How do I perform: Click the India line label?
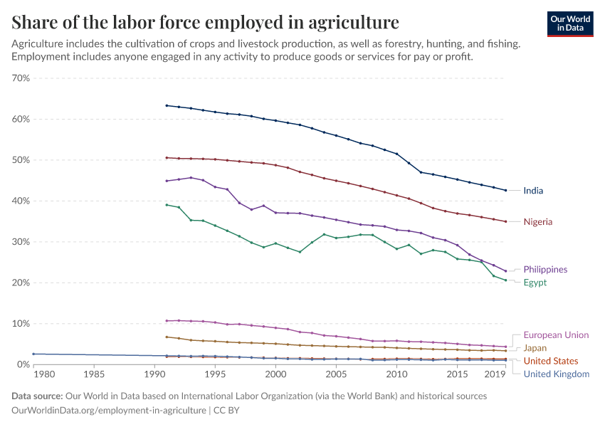tap(533, 191)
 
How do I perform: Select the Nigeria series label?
tap(537, 222)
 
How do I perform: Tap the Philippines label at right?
tap(545, 270)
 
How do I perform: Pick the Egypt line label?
tap(535, 283)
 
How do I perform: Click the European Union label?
tap(556, 334)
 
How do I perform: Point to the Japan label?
tap(535, 348)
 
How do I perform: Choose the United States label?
tap(551, 361)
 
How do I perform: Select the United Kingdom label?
tap(556, 374)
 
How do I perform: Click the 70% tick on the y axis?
tap(20, 78)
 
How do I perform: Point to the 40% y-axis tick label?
tap(20, 201)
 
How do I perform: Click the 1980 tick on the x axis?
tap(44, 374)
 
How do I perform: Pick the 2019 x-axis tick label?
tap(494, 374)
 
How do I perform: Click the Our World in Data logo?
tap(570, 23)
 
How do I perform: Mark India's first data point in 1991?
tap(166, 105)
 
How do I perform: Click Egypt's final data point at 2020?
tap(505, 280)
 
